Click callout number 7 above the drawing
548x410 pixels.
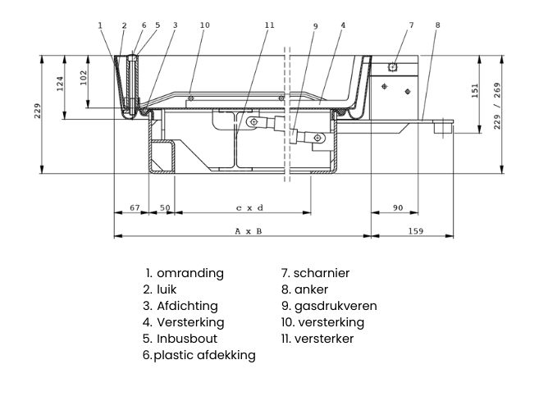(x=411, y=25)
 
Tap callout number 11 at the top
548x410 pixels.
(x=270, y=25)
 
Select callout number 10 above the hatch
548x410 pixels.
(x=205, y=25)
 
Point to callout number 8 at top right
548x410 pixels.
(x=438, y=25)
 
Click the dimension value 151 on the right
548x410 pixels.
(x=476, y=90)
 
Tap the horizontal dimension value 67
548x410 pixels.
(x=135, y=208)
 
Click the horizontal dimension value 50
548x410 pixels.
(x=165, y=208)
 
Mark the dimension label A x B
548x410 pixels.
(x=248, y=232)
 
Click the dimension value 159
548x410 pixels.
(x=416, y=232)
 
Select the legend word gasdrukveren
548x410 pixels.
(x=336, y=306)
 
